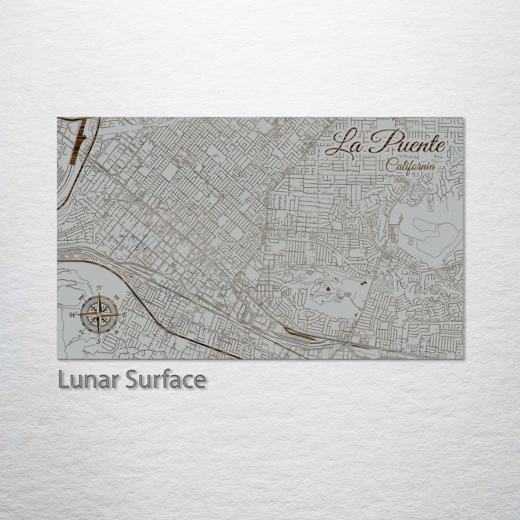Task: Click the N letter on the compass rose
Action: tap(99, 288)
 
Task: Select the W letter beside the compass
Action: tap(73, 314)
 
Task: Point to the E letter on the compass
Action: tap(124, 315)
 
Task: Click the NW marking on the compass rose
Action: tap(81, 297)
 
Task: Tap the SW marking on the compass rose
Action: tap(81, 332)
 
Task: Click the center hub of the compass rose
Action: tap(99, 314)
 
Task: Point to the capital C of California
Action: tap(390, 165)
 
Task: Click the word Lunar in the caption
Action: tap(89, 379)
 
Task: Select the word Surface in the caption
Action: tap(166, 379)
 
